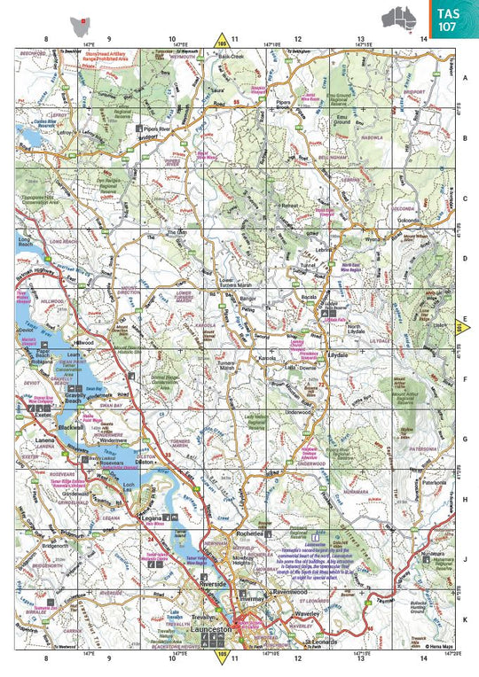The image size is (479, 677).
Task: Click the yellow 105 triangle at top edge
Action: point(221,39)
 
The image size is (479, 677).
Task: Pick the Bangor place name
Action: point(247,300)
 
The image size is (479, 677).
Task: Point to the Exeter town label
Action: point(44,415)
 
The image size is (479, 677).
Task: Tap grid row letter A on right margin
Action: point(466,78)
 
